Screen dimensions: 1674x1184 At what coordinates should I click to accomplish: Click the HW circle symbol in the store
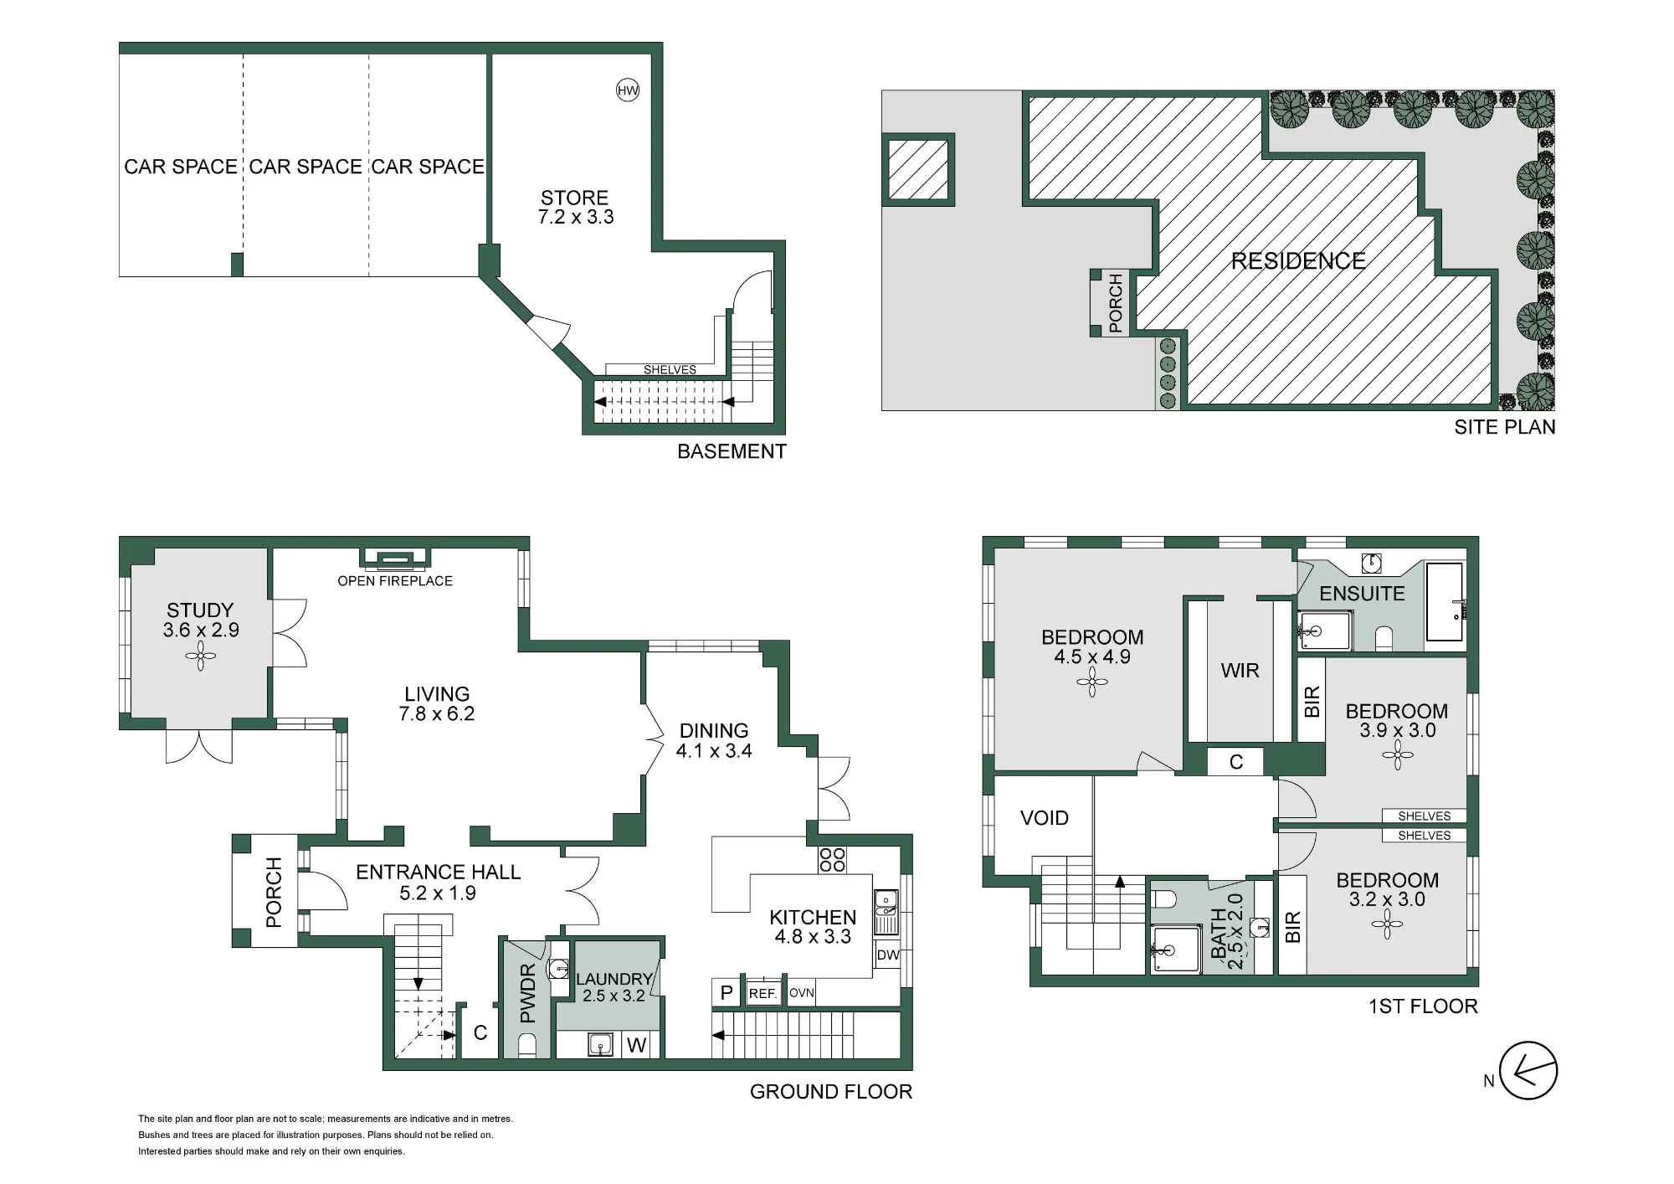628,90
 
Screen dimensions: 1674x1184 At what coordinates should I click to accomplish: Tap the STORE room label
574,198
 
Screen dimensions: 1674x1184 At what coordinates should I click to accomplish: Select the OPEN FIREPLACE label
395,581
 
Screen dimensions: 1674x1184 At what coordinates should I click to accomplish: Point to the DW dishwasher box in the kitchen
887,955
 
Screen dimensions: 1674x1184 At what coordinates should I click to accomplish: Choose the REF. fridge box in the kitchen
763,993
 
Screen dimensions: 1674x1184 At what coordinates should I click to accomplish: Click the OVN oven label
802,993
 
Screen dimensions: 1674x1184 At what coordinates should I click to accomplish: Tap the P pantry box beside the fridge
727,993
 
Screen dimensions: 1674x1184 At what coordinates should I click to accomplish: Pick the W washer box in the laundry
637,1045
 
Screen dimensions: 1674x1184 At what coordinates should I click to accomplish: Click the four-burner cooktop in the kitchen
832,860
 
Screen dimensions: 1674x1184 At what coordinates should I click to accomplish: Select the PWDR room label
527,994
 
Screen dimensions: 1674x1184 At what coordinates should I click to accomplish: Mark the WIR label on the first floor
1240,671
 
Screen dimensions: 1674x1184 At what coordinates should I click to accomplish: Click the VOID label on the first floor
1045,818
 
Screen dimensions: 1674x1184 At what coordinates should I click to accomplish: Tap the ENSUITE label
1362,594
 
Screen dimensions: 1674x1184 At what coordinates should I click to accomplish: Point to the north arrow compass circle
1528,1071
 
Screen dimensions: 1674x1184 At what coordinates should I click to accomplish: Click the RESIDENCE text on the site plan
1298,261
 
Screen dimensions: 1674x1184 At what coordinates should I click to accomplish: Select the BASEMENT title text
732,452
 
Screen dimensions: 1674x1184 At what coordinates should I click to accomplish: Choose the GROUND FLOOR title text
831,1092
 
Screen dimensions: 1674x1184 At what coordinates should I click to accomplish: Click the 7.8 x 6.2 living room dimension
437,714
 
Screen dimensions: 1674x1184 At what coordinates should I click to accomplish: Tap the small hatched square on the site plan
918,170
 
